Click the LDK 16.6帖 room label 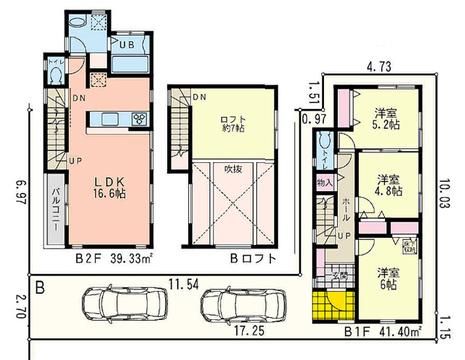pyautogui.click(x=108, y=188)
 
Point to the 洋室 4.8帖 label pyautogui.click(x=386, y=186)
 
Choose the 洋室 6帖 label pyautogui.click(x=385, y=277)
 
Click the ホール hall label pyautogui.click(x=345, y=212)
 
